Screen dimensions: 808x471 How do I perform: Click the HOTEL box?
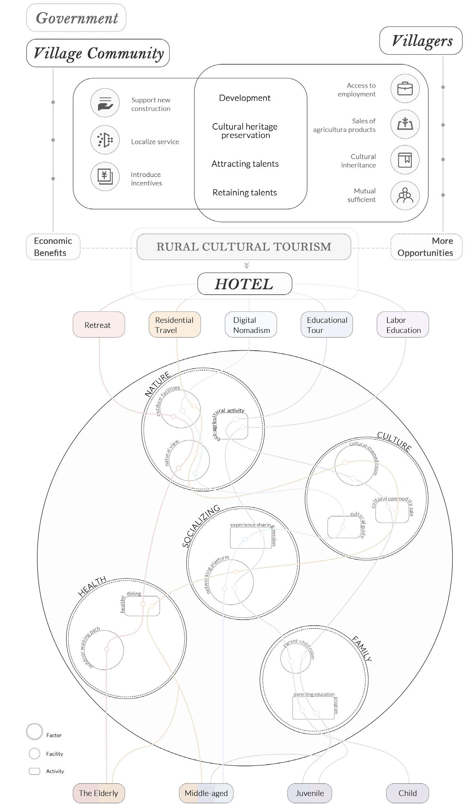(245, 284)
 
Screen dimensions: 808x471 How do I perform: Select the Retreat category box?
(99, 324)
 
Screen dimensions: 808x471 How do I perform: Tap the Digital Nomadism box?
(251, 324)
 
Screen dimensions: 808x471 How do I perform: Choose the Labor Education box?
(402, 324)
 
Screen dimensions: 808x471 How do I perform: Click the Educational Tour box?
(326, 324)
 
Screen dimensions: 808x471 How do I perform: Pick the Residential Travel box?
(175, 324)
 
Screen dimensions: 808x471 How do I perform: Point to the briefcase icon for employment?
(405, 88)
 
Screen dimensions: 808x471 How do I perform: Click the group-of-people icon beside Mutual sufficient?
(405, 195)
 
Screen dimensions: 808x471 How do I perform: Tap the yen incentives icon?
(105, 176)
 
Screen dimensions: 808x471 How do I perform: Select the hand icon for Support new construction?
(105, 103)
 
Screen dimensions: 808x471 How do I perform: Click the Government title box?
(76, 18)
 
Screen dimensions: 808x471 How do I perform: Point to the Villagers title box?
(421, 41)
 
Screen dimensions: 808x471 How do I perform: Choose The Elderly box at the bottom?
(99, 793)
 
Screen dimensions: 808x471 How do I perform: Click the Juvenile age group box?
(310, 793)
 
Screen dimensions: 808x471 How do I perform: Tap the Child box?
(408, 793)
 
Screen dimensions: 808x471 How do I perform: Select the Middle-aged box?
(206, 793)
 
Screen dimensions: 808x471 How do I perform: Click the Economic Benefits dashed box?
(53, 247)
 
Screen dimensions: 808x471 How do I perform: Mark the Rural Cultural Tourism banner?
(244, 247)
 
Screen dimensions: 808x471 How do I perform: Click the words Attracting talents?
(245, 164)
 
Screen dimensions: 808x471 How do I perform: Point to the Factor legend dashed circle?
(34, 732)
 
